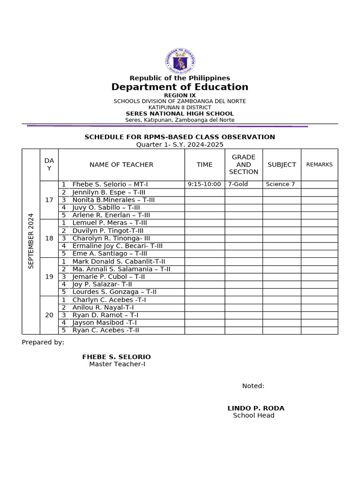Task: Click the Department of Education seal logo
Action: click(180, 61)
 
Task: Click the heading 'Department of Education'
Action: click(180, 87)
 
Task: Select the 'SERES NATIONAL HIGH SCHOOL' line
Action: click(180, 114)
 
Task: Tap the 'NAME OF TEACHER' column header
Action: click(121, 165)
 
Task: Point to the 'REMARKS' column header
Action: click(319, 165)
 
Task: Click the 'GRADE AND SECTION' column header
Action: click(243, 165)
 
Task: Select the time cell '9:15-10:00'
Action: click(204, 184)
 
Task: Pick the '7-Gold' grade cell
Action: click(238, 184)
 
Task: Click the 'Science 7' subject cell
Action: click(280, 184)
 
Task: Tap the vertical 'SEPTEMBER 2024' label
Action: click(31, 241)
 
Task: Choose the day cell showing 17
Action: click(49, 200)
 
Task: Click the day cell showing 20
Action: click(49, 315)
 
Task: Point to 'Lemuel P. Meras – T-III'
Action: click(110, 223)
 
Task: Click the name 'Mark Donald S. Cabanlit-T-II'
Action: click(119, 262)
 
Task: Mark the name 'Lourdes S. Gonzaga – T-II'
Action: click(114, 292)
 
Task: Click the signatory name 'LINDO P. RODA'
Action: click(256, 408)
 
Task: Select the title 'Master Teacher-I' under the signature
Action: click(120, 364)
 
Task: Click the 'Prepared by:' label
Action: click(43, 342)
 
